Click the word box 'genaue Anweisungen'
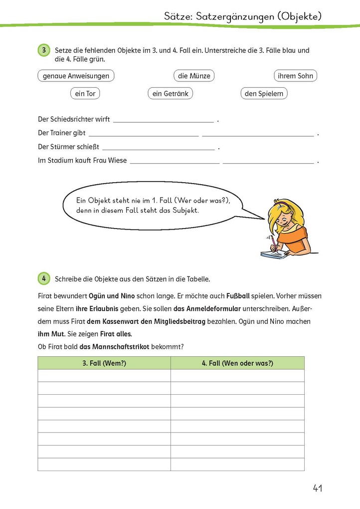click(76, 76)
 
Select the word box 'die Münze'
click(194, 76)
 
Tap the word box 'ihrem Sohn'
click(295, 76)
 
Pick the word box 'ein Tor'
click(85, 93)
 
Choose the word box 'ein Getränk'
click(170, 93)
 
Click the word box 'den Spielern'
click(264, 93)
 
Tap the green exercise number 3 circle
click(44, 50)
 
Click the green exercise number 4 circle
click(44, 278)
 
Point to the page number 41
click(317, 488)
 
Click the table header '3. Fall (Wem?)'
click(104, 363)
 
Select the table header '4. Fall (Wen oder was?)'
click(237, 363)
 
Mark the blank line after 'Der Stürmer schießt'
click(158, 148)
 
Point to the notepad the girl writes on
click(275, 254)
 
